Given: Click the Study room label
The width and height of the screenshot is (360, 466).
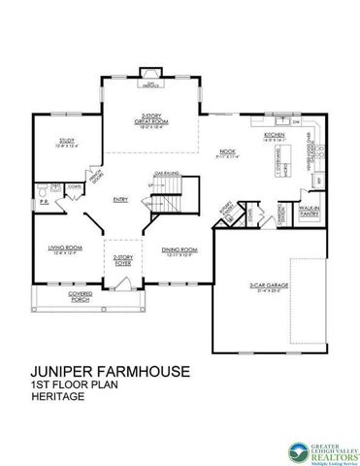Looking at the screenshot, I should pyautogui.click(x=61, y=143).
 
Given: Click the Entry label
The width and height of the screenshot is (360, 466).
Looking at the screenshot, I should pyautogui.click(x=120, y=200).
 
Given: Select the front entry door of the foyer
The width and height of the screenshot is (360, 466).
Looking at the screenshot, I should pyautogui.click(x=119, y=283).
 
